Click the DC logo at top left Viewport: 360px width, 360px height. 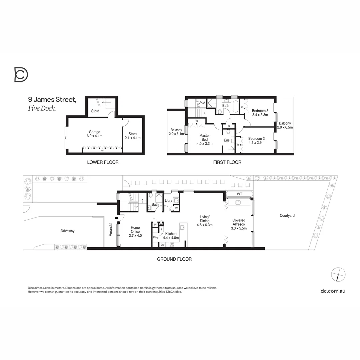click(x=21, y=74)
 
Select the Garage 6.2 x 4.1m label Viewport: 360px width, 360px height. click(x=94, y=134)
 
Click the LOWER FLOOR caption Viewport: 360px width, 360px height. click(x=103, y=162)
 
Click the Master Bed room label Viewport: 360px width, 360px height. click(x=204, y=139)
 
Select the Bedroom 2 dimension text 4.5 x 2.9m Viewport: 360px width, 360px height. click(x=256, y=143)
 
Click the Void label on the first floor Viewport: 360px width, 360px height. click(x=202, y=103)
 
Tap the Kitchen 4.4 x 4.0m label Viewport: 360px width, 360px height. click(x=170, y=236)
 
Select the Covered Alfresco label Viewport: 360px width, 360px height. click(x=239, y=224)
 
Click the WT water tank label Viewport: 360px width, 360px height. click(x=239, y=194)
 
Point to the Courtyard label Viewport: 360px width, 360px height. click(x=287, y=216)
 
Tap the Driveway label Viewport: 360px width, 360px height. click(x=68, y=231)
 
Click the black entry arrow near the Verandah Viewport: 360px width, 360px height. click(x=116, y=218)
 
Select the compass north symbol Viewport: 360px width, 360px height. click(x=338, y=274)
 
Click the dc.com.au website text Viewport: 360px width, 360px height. click(x=333, y=291)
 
